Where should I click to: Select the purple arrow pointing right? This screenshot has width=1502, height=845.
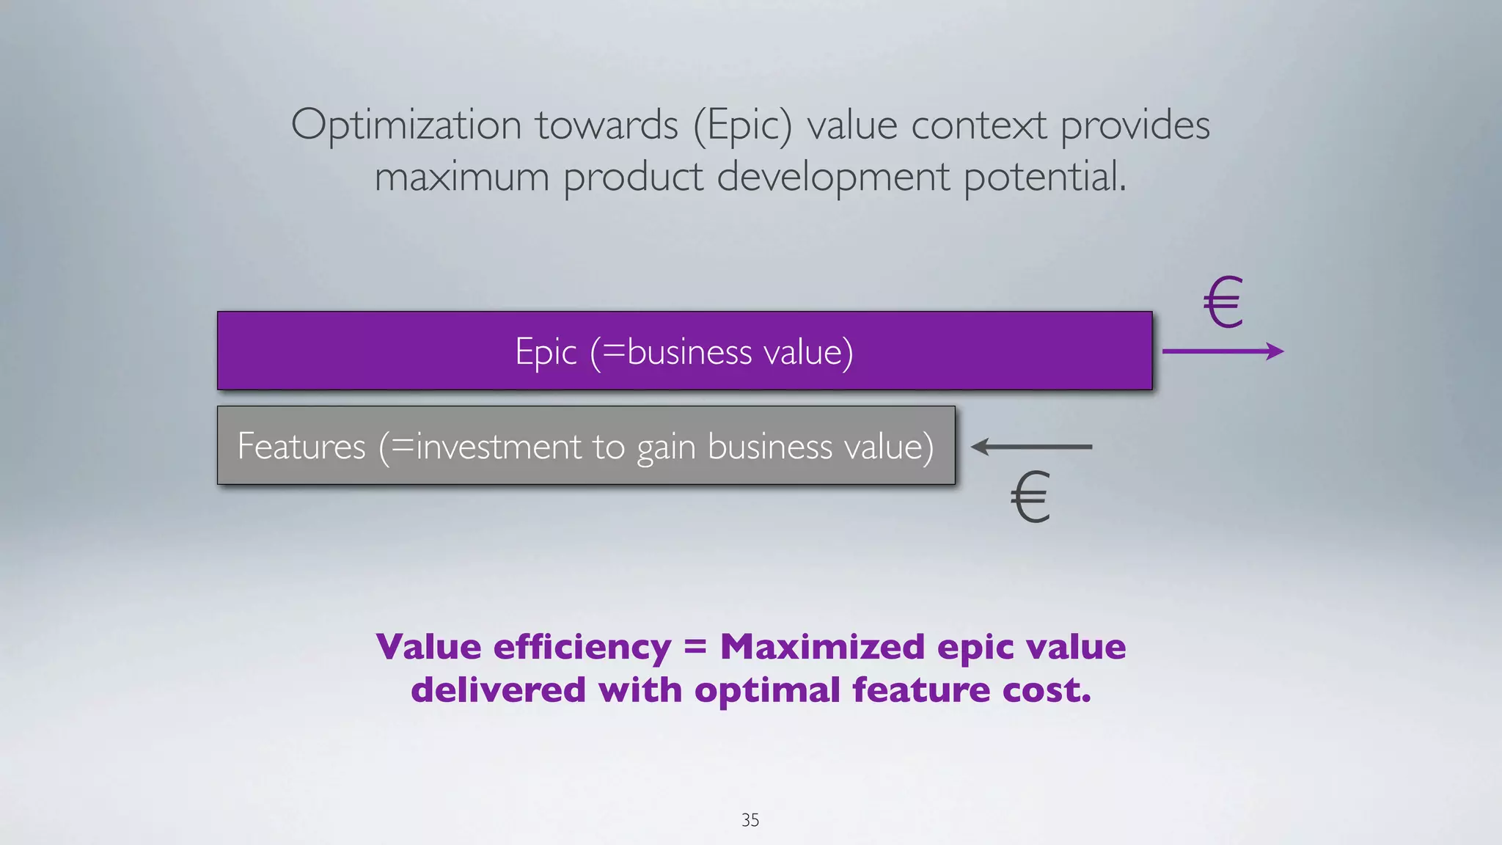click(1223, 351)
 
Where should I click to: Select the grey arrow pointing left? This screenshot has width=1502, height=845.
click(1031, 446)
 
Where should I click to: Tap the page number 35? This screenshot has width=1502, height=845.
click(750, 820)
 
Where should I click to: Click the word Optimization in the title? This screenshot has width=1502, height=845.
click(406, 125)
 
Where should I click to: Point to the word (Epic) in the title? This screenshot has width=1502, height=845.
click(743, 125)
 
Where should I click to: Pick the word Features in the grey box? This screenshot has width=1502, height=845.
click(301, 446)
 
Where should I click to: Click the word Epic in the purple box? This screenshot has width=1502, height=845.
click(546, 351)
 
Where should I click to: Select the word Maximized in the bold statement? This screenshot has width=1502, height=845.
click(821, 648)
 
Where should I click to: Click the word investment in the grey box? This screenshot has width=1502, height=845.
click(499, 446)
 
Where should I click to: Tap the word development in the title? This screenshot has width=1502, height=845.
click(832, 178)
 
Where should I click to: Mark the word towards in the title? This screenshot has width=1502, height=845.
click(607, 125)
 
